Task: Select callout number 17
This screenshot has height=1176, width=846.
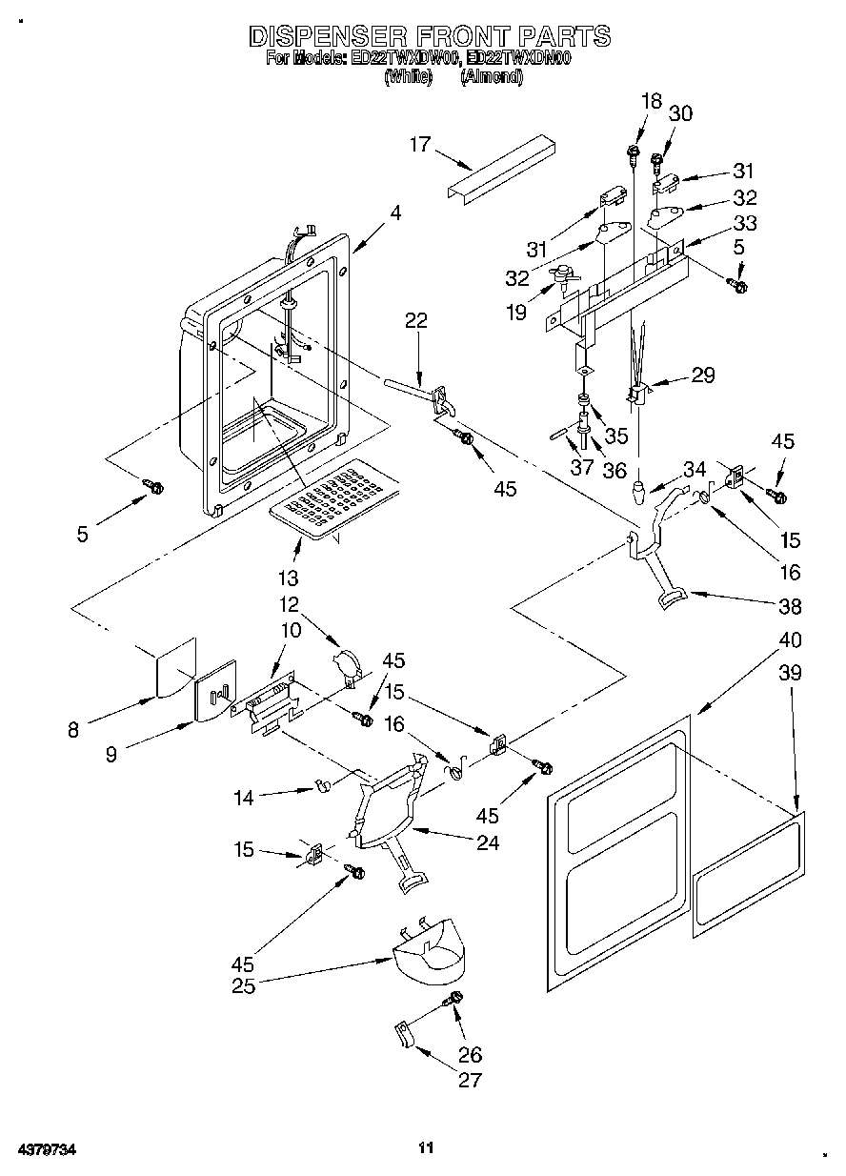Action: click(420, 145)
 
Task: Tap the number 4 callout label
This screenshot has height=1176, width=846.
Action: click(394, 214)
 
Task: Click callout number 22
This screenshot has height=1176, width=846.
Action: click(415, 322)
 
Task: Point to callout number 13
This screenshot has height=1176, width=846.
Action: click(288, 578)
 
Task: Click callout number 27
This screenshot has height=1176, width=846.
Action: click(470, 1080)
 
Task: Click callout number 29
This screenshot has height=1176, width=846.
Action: click(703, 375)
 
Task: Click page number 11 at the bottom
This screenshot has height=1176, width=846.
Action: click(426, 1149)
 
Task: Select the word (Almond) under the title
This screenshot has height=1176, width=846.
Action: click(491, 78)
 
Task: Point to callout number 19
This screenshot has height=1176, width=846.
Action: click(516, 312)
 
